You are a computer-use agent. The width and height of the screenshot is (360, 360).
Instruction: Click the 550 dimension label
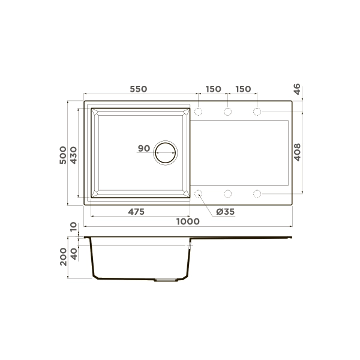[x=138, y=89]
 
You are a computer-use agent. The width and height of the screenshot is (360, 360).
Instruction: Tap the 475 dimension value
[x=138, y=212]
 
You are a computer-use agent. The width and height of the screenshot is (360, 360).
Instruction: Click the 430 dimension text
[x=74, y=154]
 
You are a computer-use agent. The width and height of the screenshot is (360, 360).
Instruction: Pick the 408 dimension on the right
[x=298, y=153]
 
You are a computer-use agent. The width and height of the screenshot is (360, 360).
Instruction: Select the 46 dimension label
[x=298, y=89]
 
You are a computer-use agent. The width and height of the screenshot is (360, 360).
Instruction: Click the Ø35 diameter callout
[x=224, y=212]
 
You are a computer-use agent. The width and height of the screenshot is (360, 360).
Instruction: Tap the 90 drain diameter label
[x=143, y=148]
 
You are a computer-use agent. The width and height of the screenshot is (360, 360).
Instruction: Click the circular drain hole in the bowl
[x=166, y=153]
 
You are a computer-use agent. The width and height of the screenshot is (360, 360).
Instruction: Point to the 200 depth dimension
[x=64, y=257]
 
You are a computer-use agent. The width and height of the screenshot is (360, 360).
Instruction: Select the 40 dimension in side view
[x=74, y=251]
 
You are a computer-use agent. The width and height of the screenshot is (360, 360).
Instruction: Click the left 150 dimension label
[x=212, y=89]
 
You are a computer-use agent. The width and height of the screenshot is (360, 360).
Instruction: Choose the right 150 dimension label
[x=242, y=89]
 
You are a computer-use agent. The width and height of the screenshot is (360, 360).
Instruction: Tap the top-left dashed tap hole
[x=199, y=112]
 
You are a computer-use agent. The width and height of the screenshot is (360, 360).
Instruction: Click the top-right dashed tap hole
[x=257, y=112]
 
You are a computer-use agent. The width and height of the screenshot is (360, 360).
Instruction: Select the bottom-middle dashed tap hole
[x=228, y=194]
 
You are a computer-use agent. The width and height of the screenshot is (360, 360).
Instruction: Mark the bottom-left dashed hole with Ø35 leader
[x=199, y=194]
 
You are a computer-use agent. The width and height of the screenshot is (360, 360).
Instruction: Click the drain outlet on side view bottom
[x=166, y=280]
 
